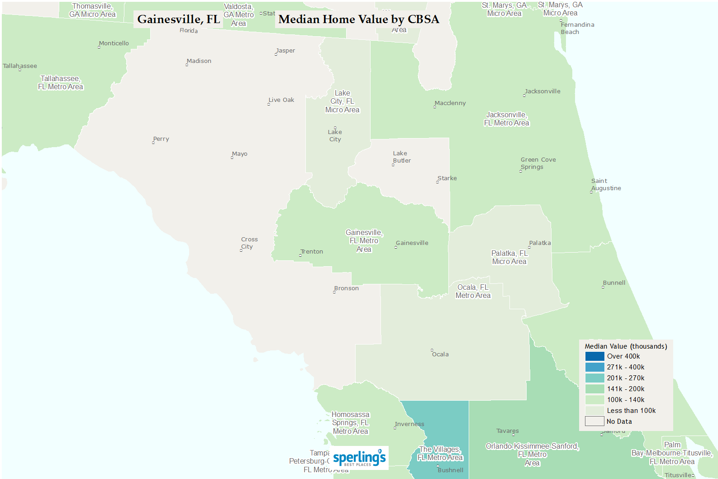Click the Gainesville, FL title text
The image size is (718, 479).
click(x=178, y=19)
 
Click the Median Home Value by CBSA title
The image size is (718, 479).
click(x=358, y=19)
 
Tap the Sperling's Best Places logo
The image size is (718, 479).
click(x=359, y=458)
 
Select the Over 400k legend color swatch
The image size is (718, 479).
click(x=594, y=356)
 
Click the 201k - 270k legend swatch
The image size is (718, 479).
click(x=594, y=378)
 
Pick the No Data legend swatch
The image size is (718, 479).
click(x=594, y=422)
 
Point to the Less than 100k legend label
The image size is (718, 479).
click(x=631, y=411)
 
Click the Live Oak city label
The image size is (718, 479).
click(x=281, y=100)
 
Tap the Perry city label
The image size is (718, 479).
click(x=161, y=139)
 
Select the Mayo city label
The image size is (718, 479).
click(x=239, y=154)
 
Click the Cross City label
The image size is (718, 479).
click(x=249, y=243)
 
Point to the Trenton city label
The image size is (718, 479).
click(x=312, y=252)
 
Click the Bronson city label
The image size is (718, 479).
click(x=347, y=288)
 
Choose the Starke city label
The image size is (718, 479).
click(x=447, y=178)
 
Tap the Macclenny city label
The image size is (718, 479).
click(x=450, y=103)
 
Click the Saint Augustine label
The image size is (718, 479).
click(x=606, y=185)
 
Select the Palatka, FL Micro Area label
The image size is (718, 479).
click(x=509, y=257)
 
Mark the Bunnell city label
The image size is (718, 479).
click(x=614, y=283)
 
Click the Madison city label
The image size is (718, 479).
click(x=199, y=61)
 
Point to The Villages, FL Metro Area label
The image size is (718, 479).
click(x=440, y=453)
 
